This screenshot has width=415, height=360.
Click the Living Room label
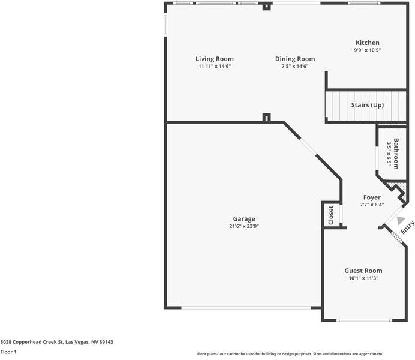[214, 59]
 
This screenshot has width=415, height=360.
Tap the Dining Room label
[294, 59]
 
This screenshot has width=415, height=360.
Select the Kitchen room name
[367, 43]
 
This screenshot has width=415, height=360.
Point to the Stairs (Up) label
[367, 105]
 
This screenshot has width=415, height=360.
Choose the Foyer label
[372, 197]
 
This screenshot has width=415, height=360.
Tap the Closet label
[330, 215]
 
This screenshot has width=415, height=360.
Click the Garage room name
[243, 219]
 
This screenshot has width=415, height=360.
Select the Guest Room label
[363, 271]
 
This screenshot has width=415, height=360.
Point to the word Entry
[407, 226]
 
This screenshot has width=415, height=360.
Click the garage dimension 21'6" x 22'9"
[243, 226]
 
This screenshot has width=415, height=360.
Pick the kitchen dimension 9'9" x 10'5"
[367, 50]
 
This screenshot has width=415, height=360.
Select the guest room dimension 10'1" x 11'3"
[363, 278]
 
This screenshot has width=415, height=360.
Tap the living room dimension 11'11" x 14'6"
[214, 66]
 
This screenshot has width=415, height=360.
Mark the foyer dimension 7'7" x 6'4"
[372, 205]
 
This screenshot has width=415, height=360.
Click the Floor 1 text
[8, 352]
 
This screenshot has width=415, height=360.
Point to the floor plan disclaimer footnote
[290, 354]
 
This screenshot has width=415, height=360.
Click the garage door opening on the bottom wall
[246, 308]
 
